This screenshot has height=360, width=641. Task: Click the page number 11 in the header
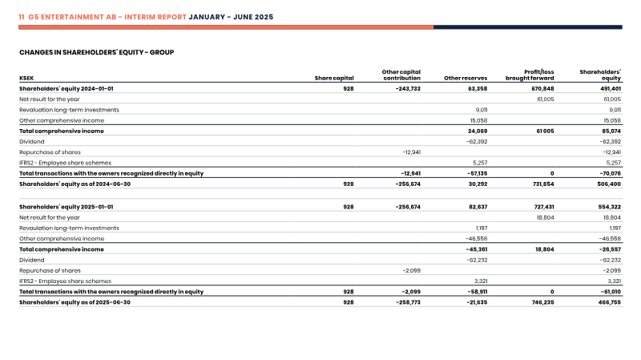pos(22,17)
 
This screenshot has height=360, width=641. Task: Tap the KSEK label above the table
pos(26,78)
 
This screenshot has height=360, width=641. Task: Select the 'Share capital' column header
pos(334,78)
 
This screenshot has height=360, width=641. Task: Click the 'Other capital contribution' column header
pos(401,75)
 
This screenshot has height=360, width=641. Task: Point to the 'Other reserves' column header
pos(466,78)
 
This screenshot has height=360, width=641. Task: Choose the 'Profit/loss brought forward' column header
pos(530,75)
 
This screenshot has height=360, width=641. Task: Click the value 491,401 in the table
pos(611,89)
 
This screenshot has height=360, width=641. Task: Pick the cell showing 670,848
pos(543,89)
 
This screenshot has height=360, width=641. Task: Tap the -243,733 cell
pos(408,89)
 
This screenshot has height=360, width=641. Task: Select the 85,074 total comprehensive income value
pos(611,131)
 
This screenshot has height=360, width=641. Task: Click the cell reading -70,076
pos(611,173)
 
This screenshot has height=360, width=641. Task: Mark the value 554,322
pos(610,207)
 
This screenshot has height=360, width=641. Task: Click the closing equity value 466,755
pos(610,302)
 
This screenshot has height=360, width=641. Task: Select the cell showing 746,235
pos(543,302)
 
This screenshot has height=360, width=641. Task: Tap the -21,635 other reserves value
pos(477,302)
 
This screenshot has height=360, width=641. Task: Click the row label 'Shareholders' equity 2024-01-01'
pos(67,89)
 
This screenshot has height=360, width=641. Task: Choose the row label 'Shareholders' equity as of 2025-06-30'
pos(75,302)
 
